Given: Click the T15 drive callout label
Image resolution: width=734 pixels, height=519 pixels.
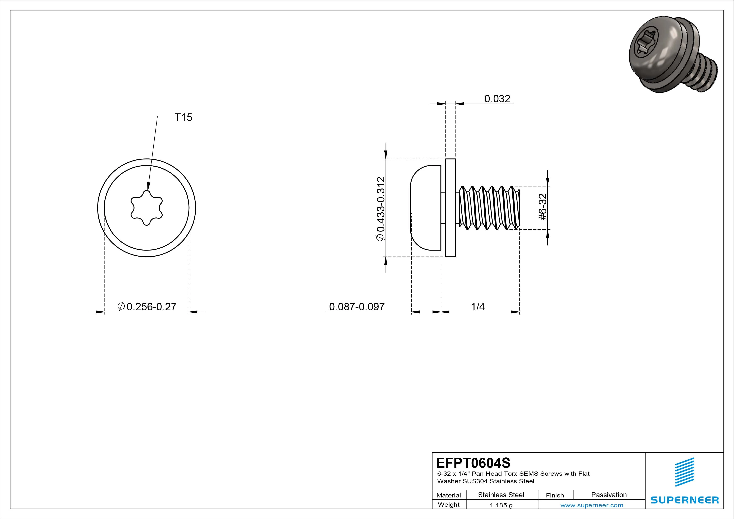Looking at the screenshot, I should [x=183, y=117].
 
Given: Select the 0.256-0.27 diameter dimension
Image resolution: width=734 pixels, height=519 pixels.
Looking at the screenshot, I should [x=147, y=307].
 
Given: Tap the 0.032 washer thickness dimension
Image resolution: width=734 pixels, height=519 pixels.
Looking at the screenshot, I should [x=497, y=99].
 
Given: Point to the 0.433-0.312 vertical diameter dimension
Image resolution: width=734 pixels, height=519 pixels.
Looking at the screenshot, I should [x=381, y=208].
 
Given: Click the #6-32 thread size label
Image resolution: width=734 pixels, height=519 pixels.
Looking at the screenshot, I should [x=543, y=207].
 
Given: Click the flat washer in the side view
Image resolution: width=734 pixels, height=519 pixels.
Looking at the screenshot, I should [x=450, y=208].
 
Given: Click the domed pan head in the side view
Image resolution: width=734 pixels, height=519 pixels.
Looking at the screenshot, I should [x=425, y=208].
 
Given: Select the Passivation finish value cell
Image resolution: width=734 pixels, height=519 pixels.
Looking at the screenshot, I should [x=609, y=495].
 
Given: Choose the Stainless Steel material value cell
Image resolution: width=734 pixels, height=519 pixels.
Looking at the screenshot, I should [x=501, y=495].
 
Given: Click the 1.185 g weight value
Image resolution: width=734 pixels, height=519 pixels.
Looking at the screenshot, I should [x=501, y=505].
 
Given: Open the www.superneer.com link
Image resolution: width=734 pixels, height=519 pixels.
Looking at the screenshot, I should [x=592, y=505].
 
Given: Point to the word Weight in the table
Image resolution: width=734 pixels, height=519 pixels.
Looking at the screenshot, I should [x=449, y=505].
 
